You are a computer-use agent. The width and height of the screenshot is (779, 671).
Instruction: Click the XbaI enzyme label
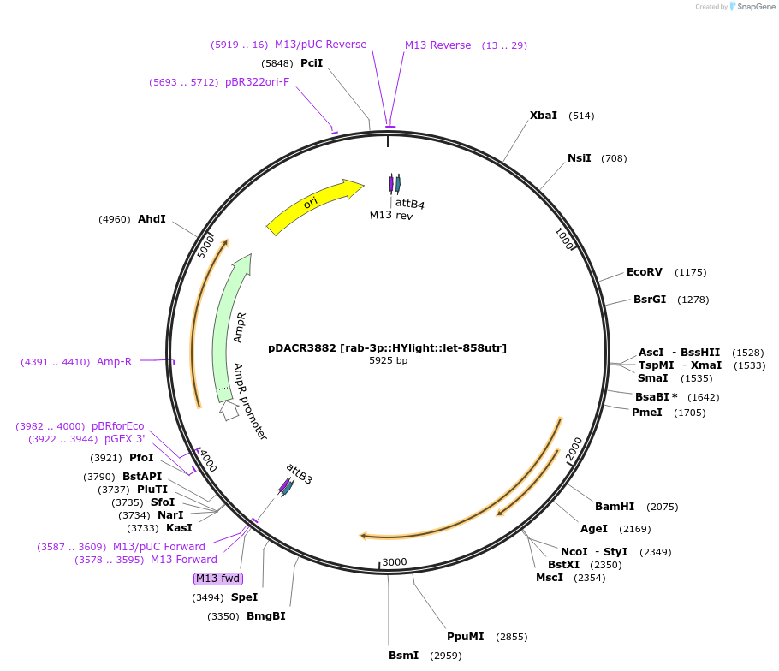(543, 116)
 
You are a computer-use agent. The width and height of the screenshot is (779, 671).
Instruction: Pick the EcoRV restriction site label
(645, 272)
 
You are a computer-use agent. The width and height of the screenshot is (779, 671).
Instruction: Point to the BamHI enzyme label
(614, 507)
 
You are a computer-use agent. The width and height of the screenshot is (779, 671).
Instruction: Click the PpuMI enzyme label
(465, 637)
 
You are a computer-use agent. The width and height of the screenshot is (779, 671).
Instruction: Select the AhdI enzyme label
(152, 219)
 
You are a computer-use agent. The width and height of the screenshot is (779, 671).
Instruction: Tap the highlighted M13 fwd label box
(218, 579)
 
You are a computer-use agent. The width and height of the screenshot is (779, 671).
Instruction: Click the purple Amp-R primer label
(114, 362)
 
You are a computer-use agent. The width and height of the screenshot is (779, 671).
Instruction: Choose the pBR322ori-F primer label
(257, 82)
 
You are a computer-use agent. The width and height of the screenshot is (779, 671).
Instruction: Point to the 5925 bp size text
(388, 360)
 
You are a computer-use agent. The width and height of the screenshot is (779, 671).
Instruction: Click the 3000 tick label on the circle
(395, 561)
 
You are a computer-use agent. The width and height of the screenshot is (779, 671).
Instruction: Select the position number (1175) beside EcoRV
(690, 272)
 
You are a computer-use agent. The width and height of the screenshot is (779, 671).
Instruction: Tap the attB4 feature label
(409, 203)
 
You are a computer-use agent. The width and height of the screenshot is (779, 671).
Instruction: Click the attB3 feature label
(300, 474)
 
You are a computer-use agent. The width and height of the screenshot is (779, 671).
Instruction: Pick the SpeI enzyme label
(244, 597)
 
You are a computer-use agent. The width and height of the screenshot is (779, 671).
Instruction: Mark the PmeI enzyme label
(646, 413)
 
